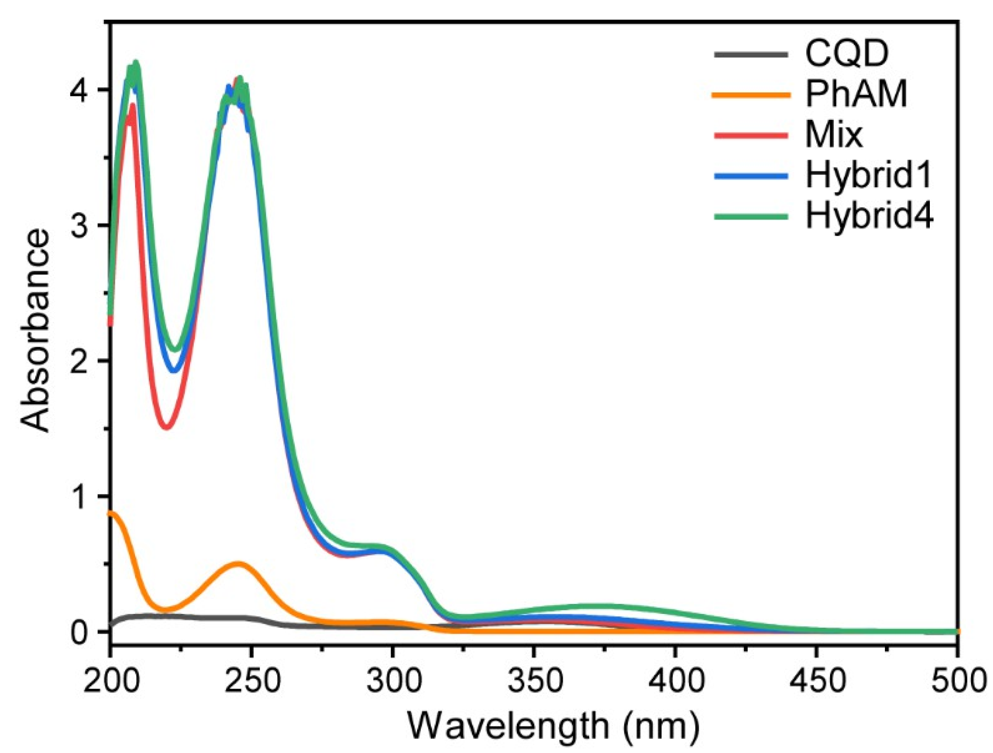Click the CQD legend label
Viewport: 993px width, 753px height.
coord(846,54)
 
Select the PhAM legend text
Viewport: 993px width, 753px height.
coord(856,94)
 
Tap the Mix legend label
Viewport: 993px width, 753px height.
coord(834,135)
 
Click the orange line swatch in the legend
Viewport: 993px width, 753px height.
coord(751,95)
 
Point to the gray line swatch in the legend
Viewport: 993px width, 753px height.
coord(751,54)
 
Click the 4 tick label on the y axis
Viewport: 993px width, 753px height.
coord(78,90)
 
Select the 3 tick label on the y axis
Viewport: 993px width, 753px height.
coord(78,226)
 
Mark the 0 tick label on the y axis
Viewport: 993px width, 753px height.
coord(78,633)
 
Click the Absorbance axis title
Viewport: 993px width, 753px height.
coord(36,331)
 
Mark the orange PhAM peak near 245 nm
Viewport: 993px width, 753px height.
coord(238,564)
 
